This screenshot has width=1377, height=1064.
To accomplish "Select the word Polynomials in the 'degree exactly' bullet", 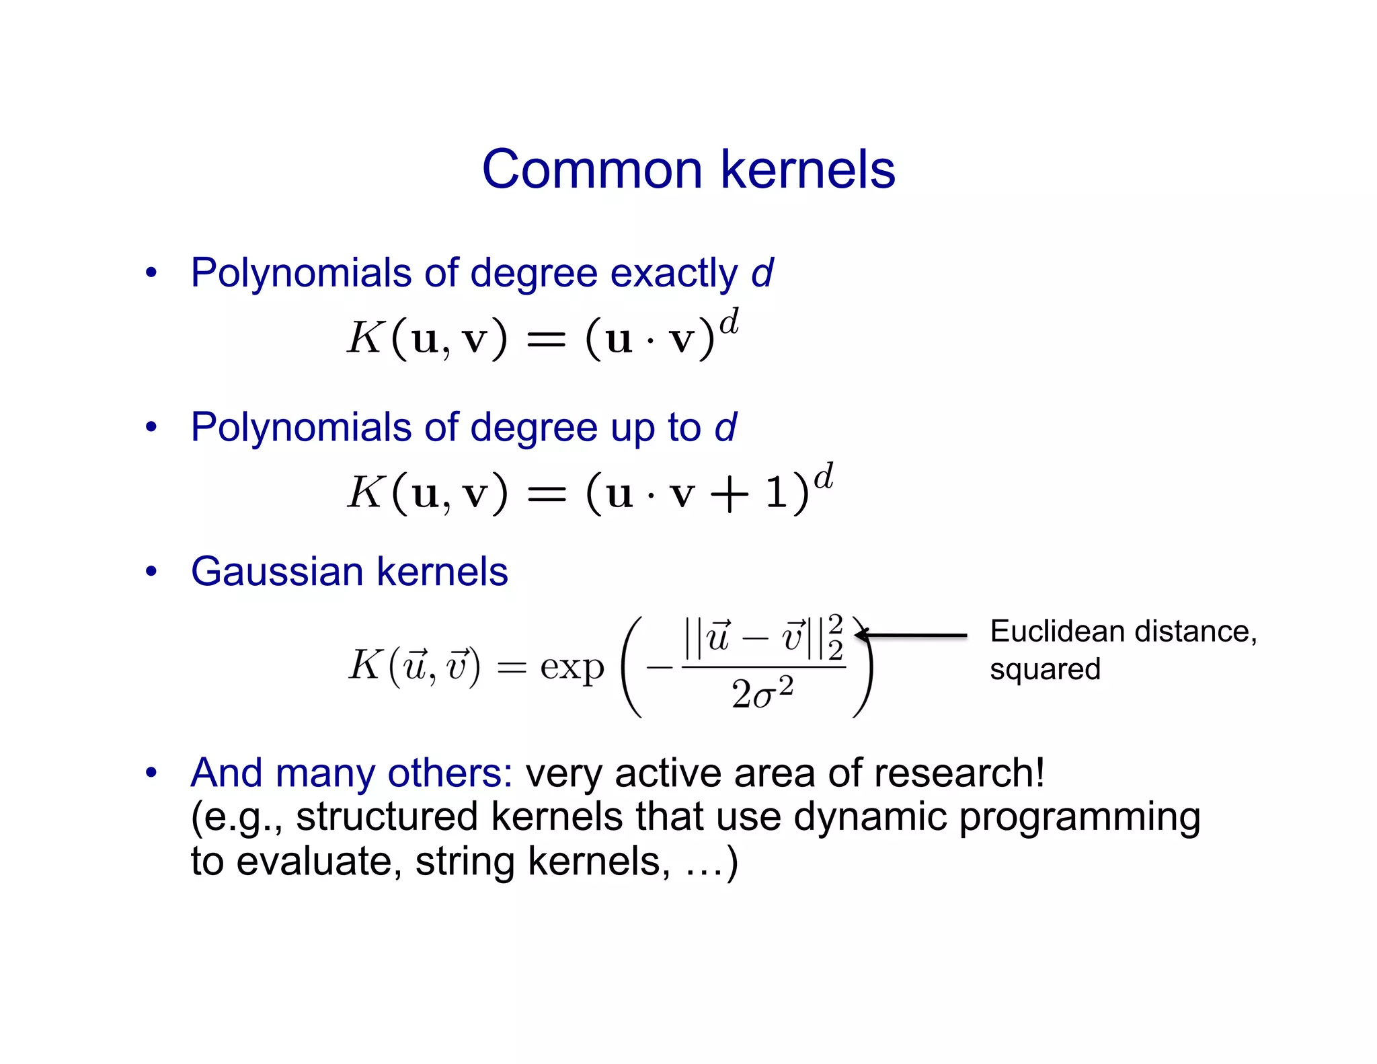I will tap(301, 274).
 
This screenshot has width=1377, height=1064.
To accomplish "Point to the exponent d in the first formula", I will tap(729, 322).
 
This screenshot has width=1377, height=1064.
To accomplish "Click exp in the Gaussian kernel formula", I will tap(572, 668).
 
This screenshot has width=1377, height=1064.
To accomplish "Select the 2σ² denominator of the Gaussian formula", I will tap(762, 693).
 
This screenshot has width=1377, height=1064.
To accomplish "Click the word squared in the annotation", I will tap(1045, 670).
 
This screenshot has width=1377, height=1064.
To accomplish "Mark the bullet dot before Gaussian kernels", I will tap(151, 572).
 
